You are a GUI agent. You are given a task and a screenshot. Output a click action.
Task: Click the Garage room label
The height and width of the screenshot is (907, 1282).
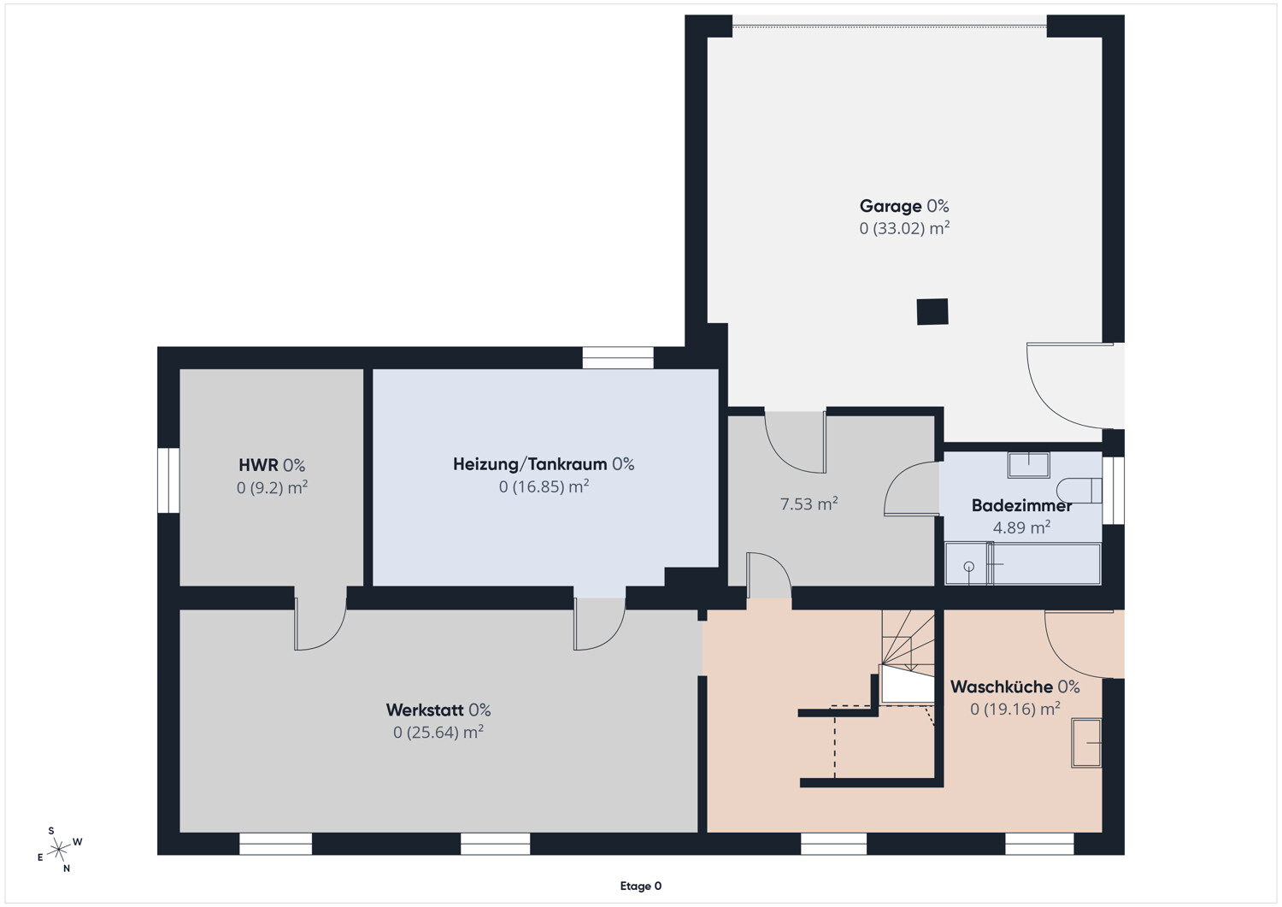pos(890,205)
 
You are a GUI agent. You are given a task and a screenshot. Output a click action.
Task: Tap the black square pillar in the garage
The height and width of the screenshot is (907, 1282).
pos(932,311)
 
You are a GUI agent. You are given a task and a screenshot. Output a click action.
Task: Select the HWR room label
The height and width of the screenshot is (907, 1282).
pos(258,464)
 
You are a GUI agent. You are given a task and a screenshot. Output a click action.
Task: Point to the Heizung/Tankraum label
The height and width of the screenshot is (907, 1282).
pos(530,464)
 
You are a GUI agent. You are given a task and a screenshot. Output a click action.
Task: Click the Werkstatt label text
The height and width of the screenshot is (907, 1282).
pos(425,710)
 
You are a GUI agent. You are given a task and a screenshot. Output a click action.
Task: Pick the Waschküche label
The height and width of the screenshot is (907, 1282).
pos(1002,686)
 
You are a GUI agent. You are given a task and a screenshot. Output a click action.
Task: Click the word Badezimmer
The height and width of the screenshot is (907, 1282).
pos(1021,505)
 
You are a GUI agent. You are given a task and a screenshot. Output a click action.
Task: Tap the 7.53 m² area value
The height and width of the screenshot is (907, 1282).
pos(809,504)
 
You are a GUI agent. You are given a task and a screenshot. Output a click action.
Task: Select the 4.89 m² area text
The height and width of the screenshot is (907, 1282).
pos(1021,527)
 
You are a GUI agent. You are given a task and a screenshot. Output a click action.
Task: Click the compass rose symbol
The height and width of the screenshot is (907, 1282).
pos(58,850)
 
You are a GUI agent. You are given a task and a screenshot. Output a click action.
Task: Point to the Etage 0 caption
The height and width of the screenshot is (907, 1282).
pos(640,886)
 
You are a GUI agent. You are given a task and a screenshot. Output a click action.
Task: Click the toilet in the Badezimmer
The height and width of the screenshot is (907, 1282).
pos(1079,491)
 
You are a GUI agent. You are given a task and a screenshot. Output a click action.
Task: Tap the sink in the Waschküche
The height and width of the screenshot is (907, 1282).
pos(1086,743)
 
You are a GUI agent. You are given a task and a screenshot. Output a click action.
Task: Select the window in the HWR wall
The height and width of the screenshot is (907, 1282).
pos(168,480)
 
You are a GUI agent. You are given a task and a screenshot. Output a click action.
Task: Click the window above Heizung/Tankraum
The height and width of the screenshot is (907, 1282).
pos(618,358)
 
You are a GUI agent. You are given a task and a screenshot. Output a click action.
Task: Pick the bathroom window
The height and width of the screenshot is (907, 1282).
pos(1113,490)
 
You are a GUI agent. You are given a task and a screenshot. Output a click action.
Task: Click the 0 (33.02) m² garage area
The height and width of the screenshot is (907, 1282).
pos(904,228)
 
